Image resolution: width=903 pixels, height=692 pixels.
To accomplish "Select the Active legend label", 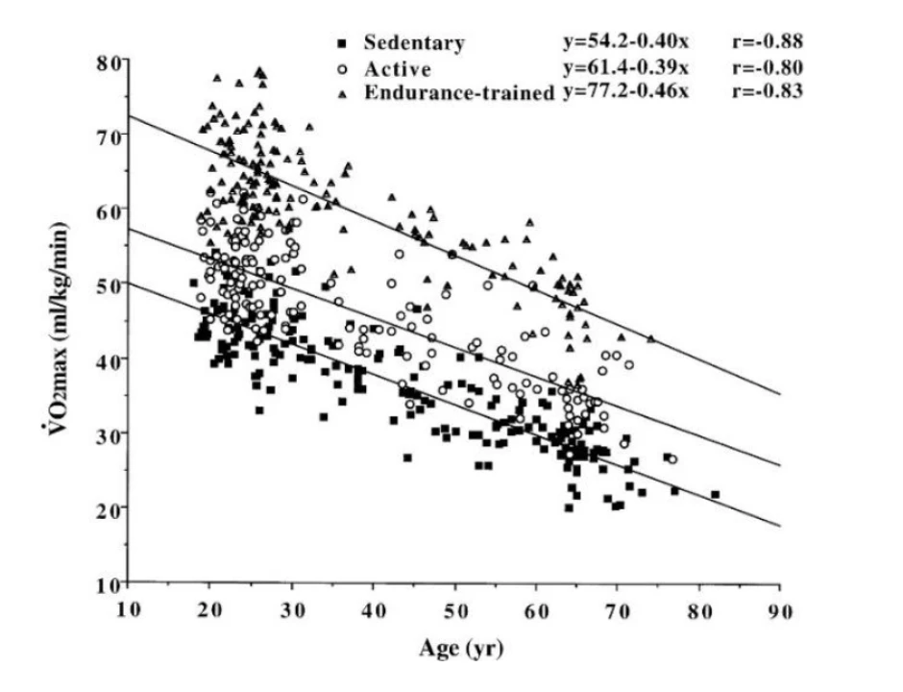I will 397,68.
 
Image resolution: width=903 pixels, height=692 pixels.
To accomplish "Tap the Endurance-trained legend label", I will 458,93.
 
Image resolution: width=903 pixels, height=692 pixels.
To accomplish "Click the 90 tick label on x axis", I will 779,610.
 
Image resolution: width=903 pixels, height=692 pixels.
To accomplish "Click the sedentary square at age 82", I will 715,494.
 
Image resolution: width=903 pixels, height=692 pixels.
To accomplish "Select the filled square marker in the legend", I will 341,43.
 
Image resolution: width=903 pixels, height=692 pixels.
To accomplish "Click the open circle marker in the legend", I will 341,68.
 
